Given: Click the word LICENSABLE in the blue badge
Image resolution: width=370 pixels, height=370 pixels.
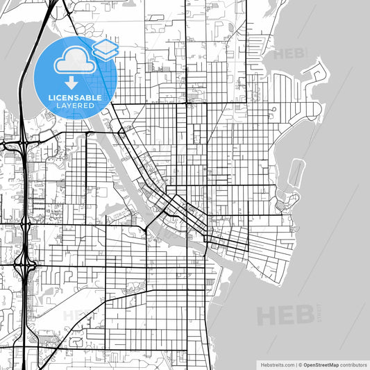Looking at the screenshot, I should click(x=76, y=97).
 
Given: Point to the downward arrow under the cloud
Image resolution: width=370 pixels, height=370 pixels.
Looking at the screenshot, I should click(x=72, y=82).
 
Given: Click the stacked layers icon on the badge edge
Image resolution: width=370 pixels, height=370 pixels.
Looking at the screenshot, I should click(x=106, y=49).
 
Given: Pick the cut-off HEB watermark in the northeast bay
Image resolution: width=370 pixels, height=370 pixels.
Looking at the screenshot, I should click(x=289, y=53).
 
